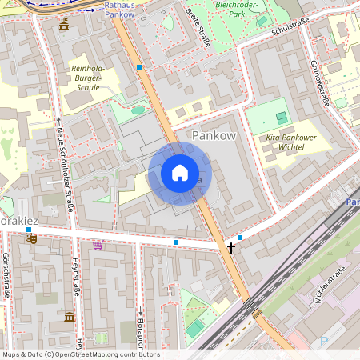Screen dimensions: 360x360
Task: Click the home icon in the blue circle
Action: coord(180,173)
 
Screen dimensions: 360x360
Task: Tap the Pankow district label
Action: coord(214,136)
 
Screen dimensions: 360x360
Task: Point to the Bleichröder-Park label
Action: coord(239,9)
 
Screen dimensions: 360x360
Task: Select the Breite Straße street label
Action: coord(197,27)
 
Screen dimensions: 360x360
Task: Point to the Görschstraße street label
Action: coord(6,276)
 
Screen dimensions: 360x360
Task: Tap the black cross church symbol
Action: coord(231,248)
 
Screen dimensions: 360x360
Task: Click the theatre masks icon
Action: coord(31,237)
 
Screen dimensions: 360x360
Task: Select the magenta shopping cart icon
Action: coord(98,244)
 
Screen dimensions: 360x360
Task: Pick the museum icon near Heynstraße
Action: coord(70,317)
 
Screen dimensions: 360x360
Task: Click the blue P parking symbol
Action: coord(324,342)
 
